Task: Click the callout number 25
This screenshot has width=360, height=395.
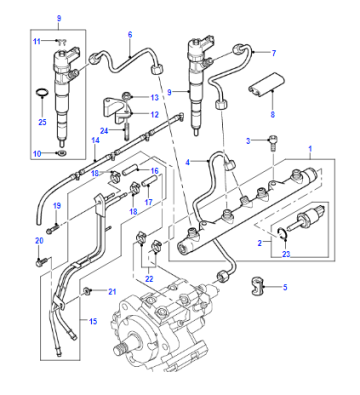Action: point(42,122)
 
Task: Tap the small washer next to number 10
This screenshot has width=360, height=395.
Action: point(62,153)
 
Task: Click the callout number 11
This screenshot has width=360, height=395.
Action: point(37,41)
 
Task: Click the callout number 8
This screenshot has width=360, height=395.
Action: point(273,115)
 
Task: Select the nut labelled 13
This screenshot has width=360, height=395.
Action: point(127,97)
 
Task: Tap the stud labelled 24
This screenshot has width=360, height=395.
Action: point(127,132)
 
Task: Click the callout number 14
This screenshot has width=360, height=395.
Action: point(96,141)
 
